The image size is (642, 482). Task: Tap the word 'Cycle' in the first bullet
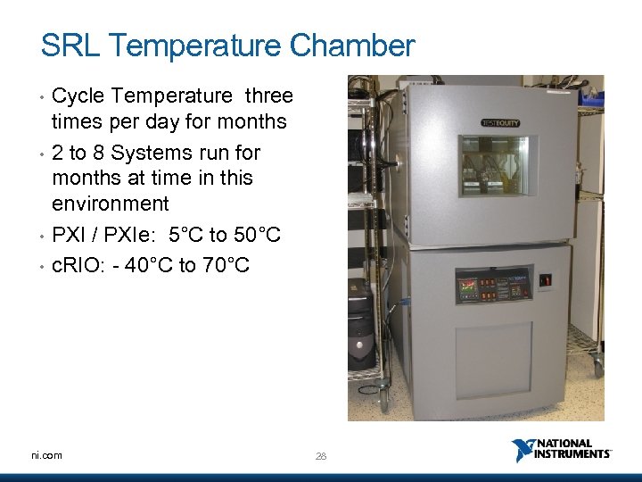pyautogui.click(x=81, y=96)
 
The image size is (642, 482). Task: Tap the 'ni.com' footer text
pyautogui.click(x=45, y=455)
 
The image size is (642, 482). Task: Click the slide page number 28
pyautogui.click(x=321, y=456)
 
